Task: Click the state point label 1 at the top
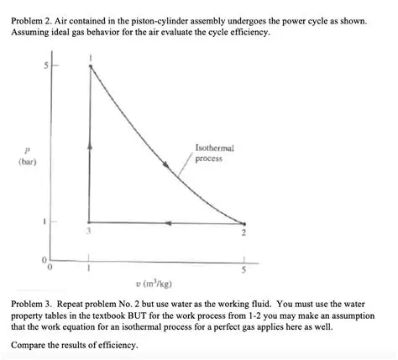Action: pyautogui.click(x=90, y=57)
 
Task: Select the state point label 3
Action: pyautogui.click(x=89, y=231)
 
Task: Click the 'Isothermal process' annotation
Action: pyautogui.click(x=213, y=153)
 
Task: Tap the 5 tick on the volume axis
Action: pyautogui.click(x=244, y=270)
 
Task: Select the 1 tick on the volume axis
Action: pyautogui.click(x=89, y=269)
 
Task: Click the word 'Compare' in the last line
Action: pyautogui.click(x=31, y=345)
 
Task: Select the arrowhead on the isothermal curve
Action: pyautogui.click(x=179, y=171)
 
